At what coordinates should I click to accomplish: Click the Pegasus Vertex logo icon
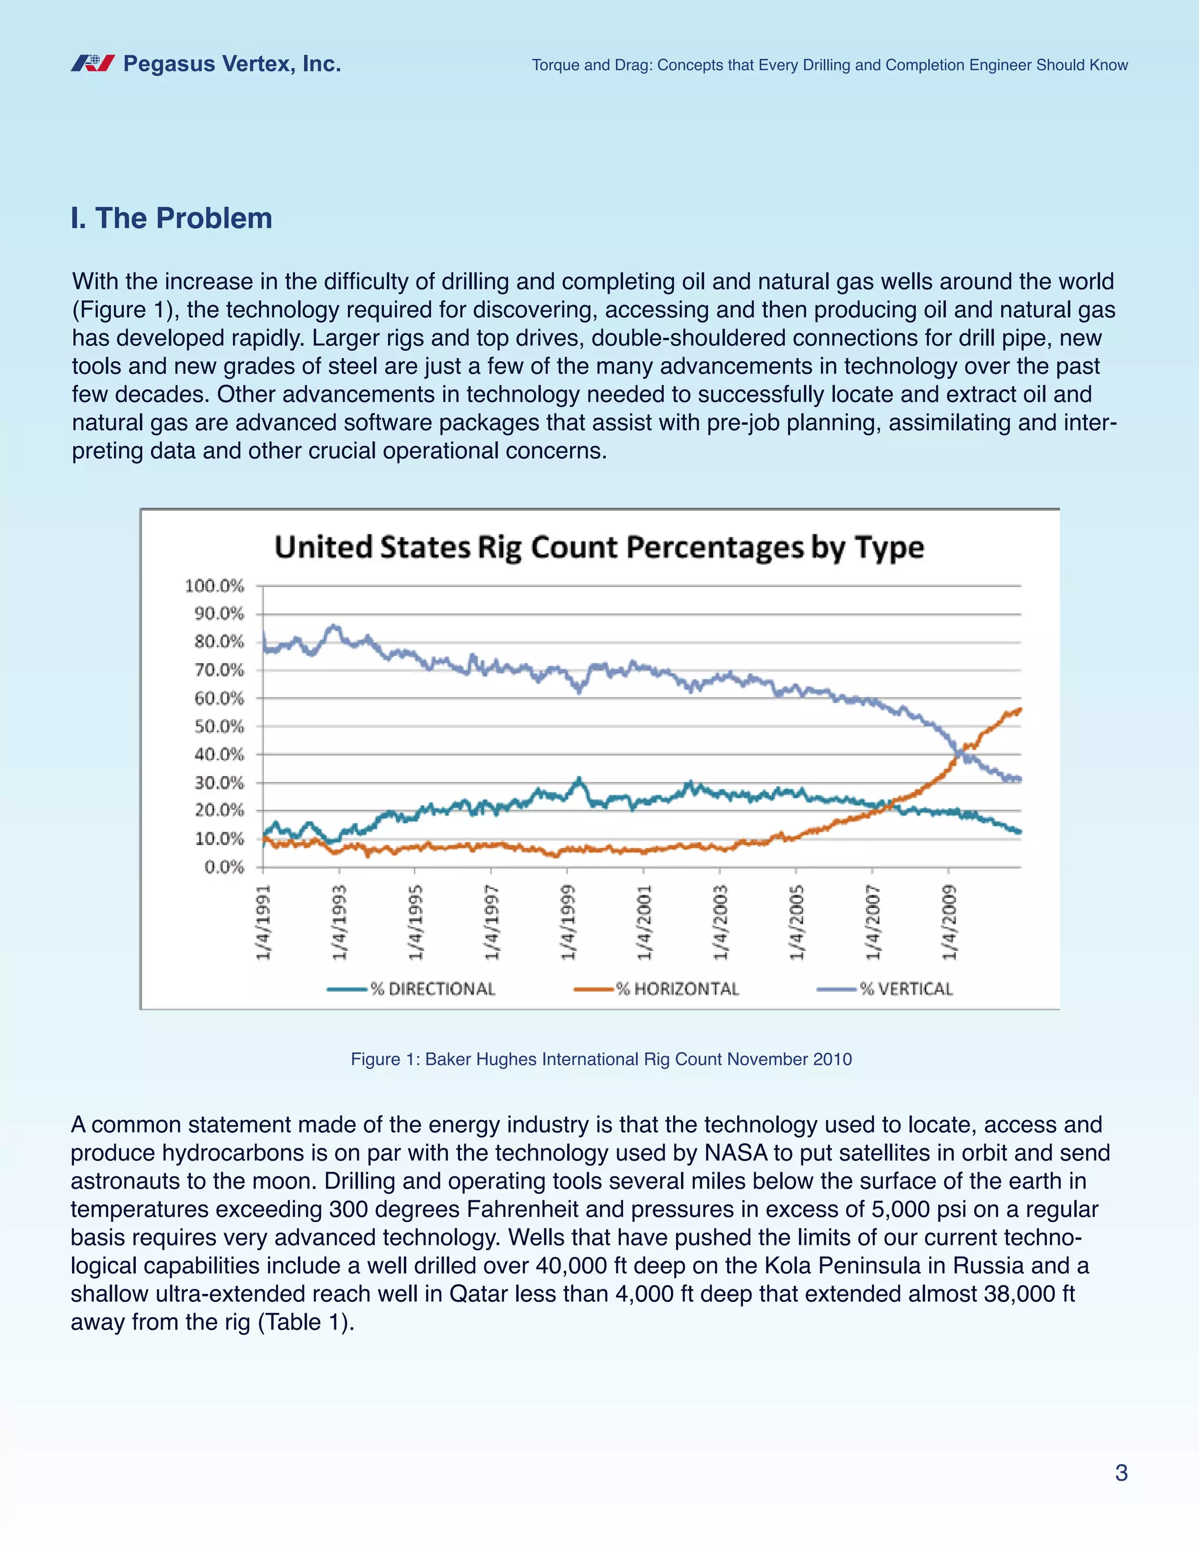[x=93, y=64]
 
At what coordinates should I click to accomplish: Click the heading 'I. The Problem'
[x=171, y=218]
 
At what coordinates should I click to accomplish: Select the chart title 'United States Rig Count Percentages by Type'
[x=599, y=548]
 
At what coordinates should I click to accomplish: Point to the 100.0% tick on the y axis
[x=214, y=586]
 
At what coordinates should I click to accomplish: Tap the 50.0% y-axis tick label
[x=219, y=726]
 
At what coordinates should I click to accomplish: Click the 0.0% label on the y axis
[x=224, y=867]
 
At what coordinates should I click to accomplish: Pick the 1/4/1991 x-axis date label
[x=263, y=922]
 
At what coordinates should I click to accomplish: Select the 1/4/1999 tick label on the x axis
[x=567, y=922]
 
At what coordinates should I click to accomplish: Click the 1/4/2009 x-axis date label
[x=948, y=922]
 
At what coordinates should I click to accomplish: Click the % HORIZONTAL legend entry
[x=657, y=989]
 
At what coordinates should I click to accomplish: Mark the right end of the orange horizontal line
[x=1020, y=709]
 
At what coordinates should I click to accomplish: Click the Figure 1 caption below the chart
[x=601, y=1059]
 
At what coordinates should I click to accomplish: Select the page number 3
[x=1121, y=1473]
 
